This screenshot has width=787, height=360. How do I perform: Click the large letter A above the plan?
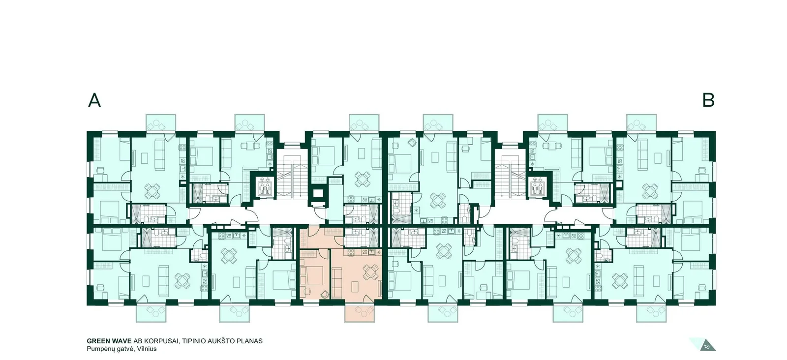pos(94,100)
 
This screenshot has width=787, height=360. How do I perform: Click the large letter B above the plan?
pos(708,100)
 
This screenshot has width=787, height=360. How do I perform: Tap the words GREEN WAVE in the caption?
pos(109,341)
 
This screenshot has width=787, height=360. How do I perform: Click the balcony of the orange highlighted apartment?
pos(360,313)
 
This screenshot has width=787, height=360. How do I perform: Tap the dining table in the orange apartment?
pos(371,272)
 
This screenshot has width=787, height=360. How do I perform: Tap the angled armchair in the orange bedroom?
pos(325,294)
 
